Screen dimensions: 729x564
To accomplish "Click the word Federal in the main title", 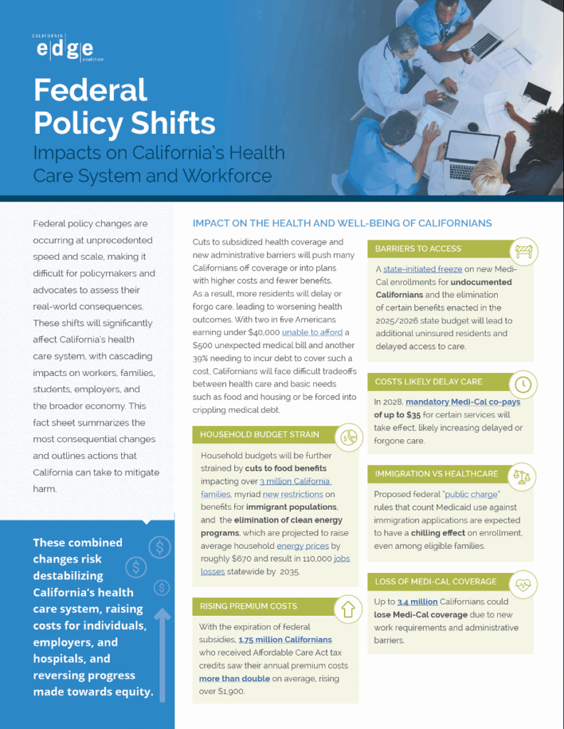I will coord(90,90).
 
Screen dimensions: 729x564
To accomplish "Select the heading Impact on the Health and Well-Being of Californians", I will coord(342,223).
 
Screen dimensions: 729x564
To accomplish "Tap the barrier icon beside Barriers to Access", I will coord(525,251).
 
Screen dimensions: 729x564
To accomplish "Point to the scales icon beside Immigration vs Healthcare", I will coord(523,476).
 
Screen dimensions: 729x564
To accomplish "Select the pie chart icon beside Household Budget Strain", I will coord(348,436).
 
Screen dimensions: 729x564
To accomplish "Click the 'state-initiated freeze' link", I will coord(422,269).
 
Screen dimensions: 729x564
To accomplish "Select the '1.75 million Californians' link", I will coord(285,639).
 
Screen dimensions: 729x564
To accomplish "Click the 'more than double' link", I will coord(234,678).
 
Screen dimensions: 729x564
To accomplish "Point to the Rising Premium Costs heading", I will coord(248,607).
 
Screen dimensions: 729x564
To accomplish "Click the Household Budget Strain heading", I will coord(259,434).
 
